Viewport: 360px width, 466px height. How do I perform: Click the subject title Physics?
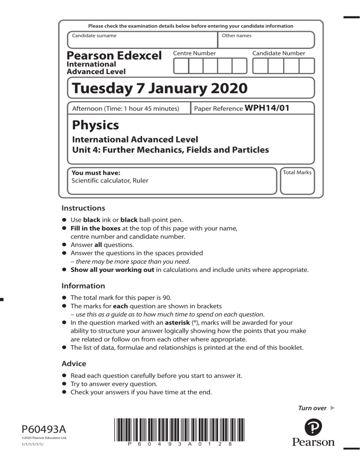pyautogui.click(x=95, y=126)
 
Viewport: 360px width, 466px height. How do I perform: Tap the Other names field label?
pyautogui.click(x=236, y=36)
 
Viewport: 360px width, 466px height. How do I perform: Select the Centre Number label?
pyautogui.click(x=195, y=53)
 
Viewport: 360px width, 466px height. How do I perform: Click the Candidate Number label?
pyautogui.click(x=278, y=53)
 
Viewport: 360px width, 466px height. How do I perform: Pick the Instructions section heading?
pyautogui.click(x=83, y=208)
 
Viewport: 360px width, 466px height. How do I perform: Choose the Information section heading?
pyautogui.click(x=83, y=286)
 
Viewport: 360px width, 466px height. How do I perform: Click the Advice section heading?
pyautogui.click(x=74, y=363)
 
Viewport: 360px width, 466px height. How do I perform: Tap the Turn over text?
pyautogui.click(x=312, y=408)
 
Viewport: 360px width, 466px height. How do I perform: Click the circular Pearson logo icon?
pyautogui.click(x=313, y=427)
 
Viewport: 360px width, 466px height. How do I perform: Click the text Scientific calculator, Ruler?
pyautogui.click(x=110, y=180)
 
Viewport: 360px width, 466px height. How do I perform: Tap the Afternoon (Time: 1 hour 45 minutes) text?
pyautogui.click(x=126, y=109)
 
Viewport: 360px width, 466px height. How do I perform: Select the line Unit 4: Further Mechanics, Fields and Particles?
pyautogui.click(x=170, y=150)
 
